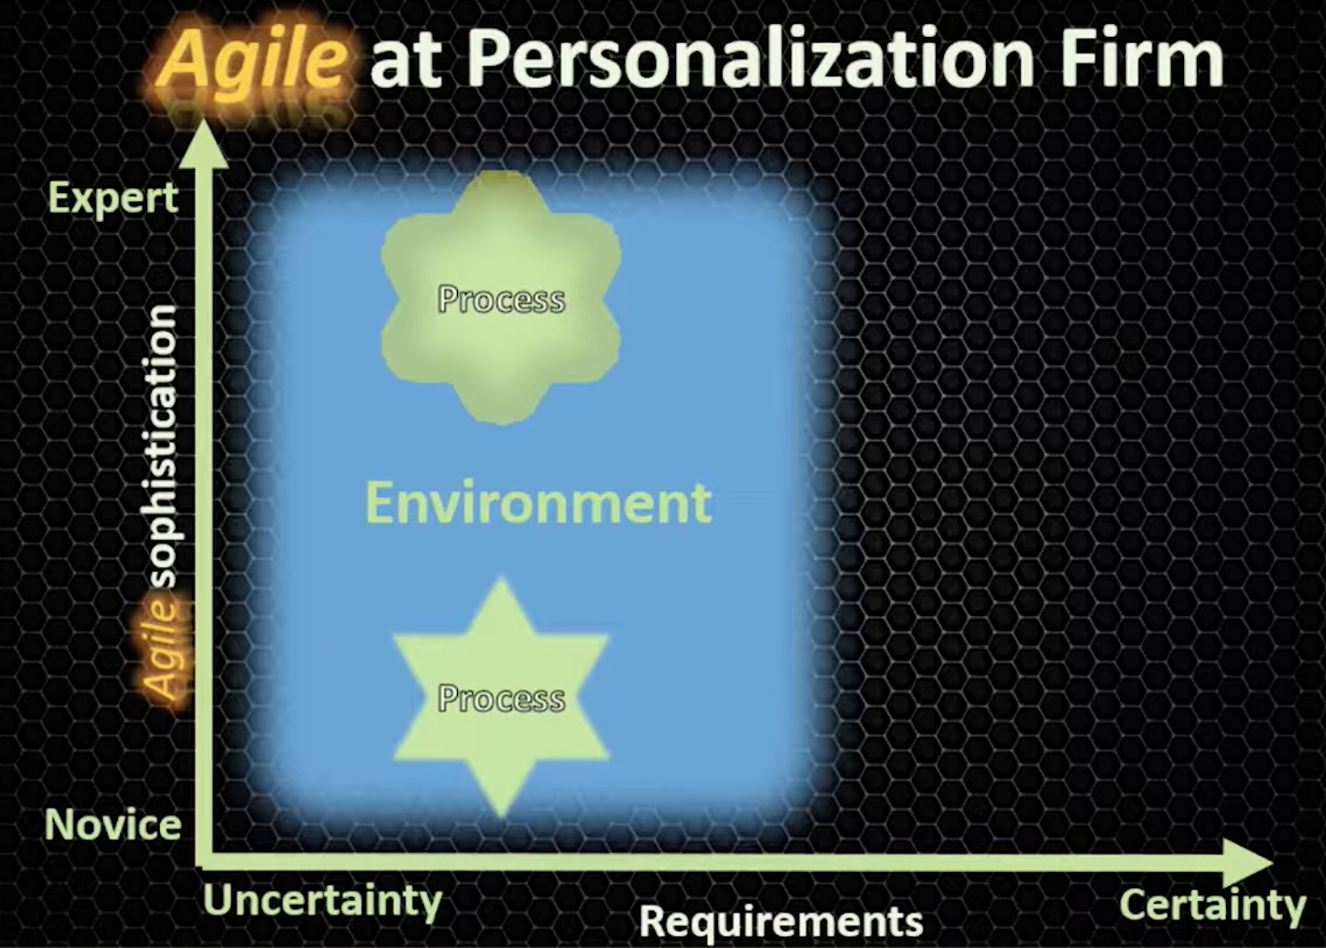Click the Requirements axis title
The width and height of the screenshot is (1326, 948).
tap(782, 922)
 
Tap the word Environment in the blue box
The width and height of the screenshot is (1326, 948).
tap(539, 503)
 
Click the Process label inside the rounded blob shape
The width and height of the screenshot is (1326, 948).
tap(501, 299)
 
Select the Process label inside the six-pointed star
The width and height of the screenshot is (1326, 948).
tap(501, 698)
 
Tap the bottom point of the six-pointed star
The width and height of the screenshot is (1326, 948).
tap(501, 816)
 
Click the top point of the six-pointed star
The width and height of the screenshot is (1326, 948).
tap(501, 580)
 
